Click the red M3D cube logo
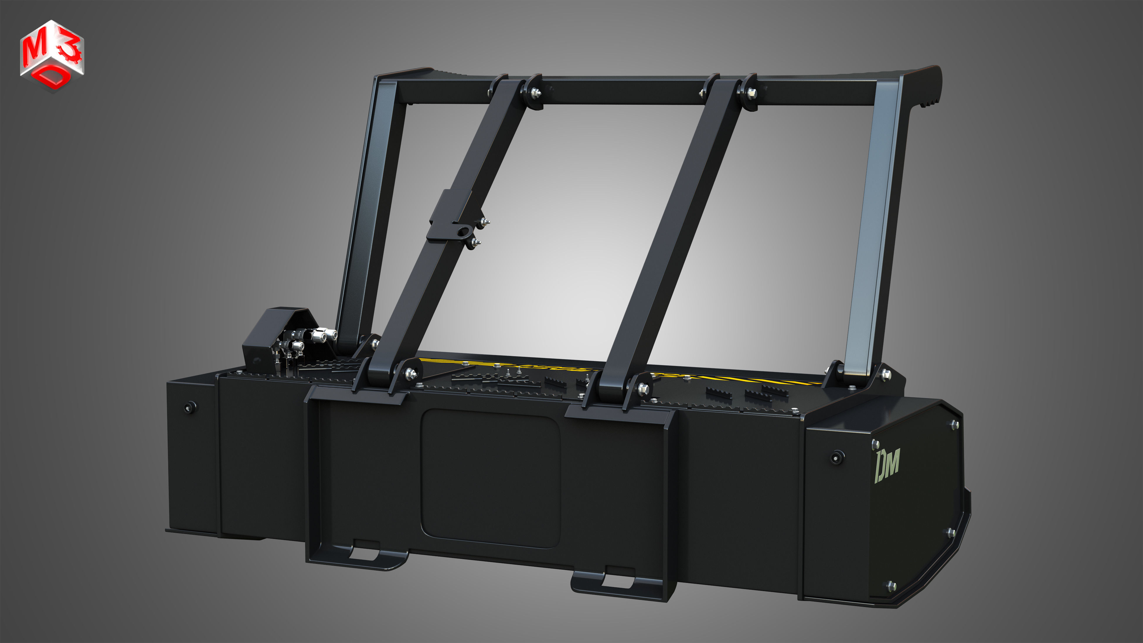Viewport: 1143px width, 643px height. click(x=52, y=55)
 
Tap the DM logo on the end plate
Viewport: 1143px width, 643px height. click(x=887, y=465)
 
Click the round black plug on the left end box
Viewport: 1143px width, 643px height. click(x=190, y=407)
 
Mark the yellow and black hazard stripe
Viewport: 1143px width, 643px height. click(x=732, y=379)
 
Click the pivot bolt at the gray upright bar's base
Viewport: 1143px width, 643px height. click(x=885, y=374)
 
